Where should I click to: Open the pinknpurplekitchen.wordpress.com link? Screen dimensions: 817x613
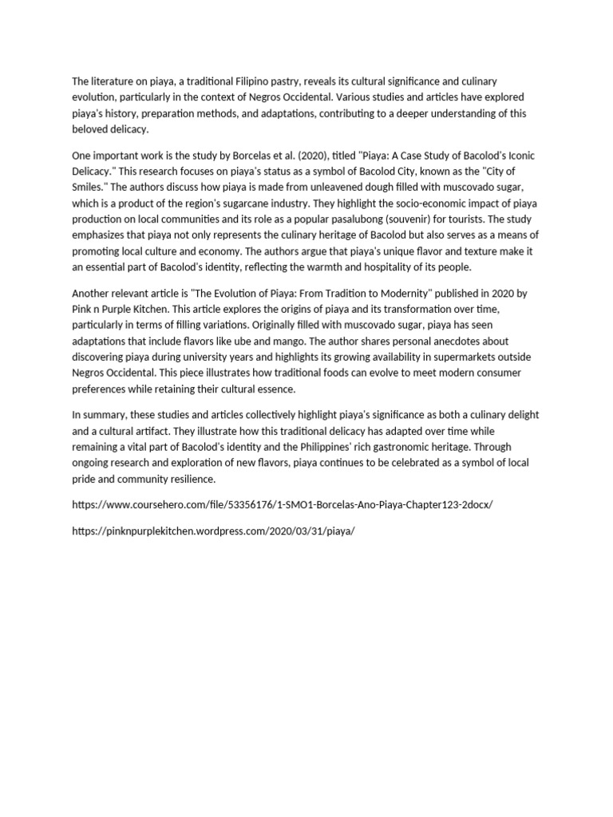point(212,531)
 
